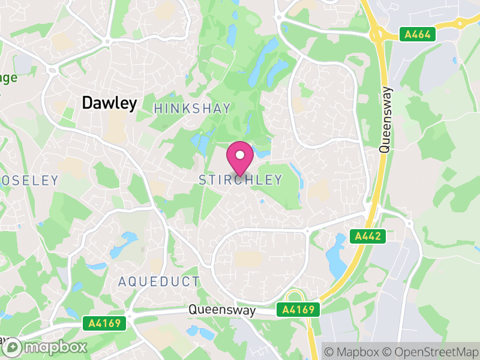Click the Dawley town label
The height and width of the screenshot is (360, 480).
(109, 103)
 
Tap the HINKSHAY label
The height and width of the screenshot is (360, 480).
(192, 108)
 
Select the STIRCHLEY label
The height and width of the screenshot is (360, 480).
(240, 180)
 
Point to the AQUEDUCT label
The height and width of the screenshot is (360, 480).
(158, 281)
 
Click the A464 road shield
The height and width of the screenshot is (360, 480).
(418, 35)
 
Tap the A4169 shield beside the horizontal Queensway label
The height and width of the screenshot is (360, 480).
(298, 310)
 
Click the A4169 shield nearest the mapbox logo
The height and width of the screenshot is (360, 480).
(104, 323)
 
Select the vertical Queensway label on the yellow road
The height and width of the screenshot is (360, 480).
(386, 120)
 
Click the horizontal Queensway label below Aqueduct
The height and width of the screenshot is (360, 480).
(221, 311)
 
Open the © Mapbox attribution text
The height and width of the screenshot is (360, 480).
(351, 350)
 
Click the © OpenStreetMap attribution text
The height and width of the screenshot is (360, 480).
(431, 350)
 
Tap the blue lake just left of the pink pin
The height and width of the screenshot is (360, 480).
(200, 143)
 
